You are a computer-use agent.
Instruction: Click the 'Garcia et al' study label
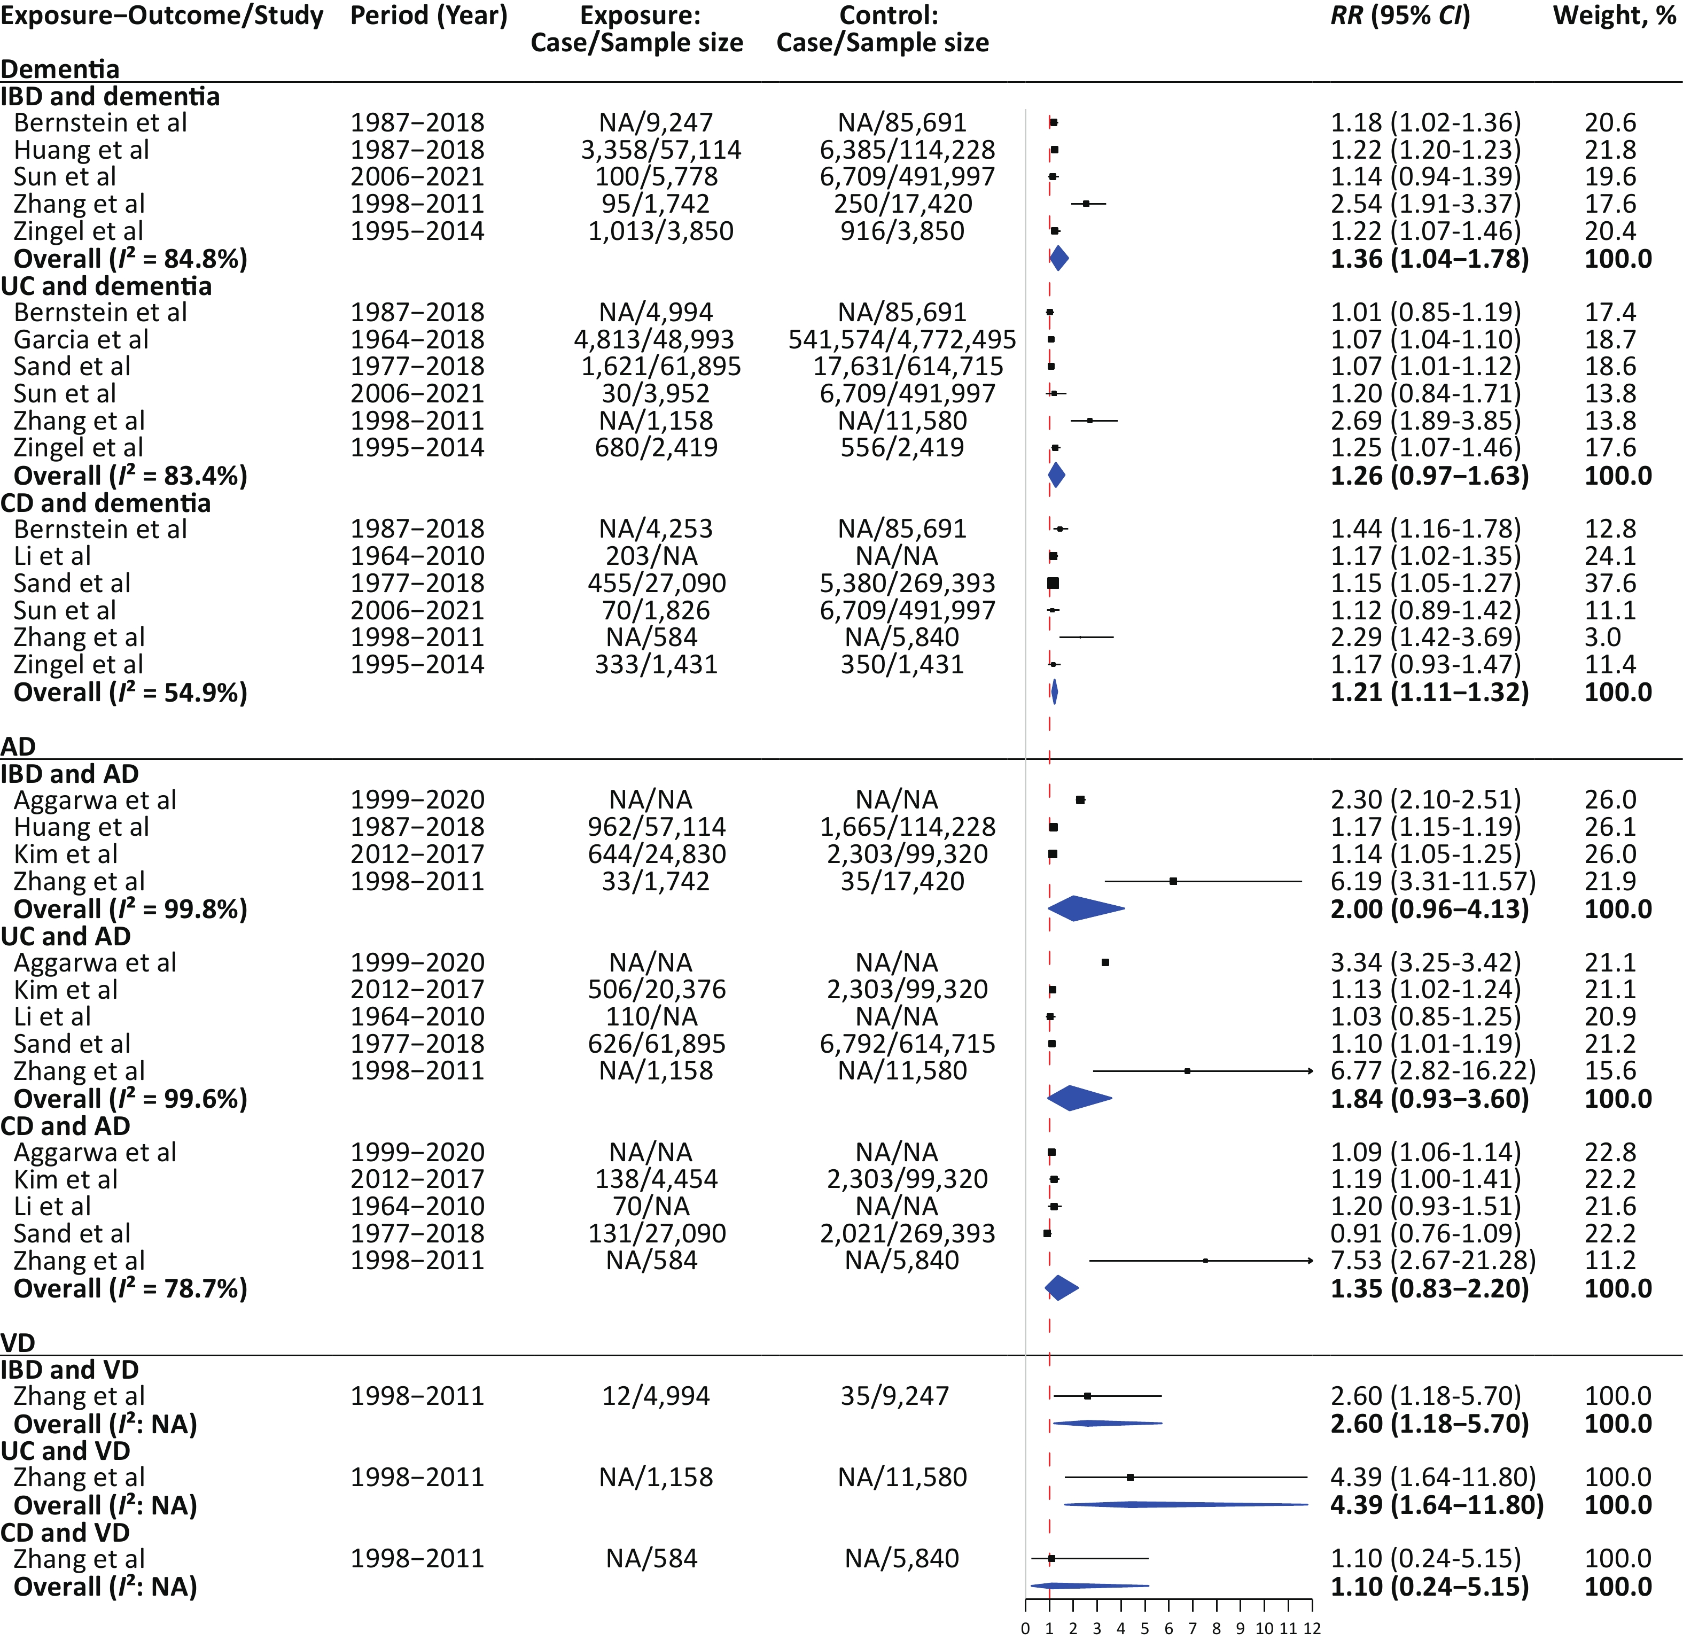(82, 339)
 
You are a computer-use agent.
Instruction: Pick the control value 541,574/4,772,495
(902, 339)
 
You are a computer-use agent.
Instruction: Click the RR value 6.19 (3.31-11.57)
(1433, 881)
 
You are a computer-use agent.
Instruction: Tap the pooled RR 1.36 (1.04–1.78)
(1430, 259)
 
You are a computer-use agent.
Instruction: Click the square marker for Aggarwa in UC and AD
(1105, 962)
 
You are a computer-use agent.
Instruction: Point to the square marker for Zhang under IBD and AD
(1173, 881)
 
